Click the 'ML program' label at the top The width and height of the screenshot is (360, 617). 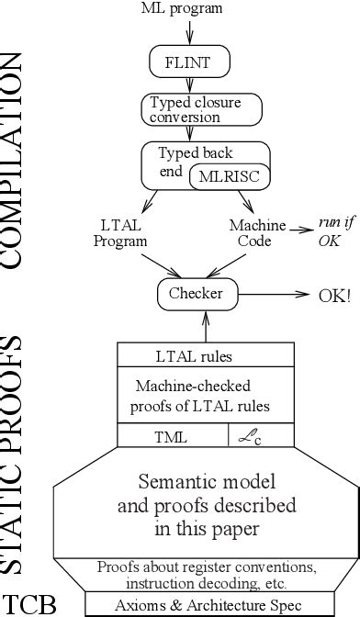188,8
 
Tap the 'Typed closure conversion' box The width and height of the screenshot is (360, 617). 189,110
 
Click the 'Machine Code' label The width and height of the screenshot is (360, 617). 256,233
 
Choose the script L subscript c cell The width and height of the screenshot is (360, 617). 263,438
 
